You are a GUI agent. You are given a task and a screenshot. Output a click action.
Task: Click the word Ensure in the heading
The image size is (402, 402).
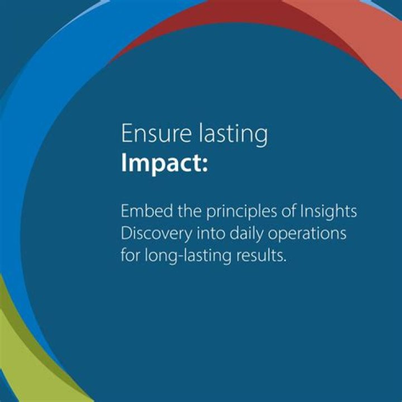[156, 133]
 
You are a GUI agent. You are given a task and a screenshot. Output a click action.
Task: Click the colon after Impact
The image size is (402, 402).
[204, 165]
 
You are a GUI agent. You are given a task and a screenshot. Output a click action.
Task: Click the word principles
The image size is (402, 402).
[242, 212]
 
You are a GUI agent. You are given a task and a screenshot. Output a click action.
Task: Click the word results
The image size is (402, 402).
[261, 256]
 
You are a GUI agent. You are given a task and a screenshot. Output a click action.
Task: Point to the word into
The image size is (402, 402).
[210, 233]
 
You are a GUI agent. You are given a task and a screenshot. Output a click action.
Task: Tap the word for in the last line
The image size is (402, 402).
[131, 255]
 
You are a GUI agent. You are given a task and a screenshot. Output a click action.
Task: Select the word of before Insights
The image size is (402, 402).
[289, 211]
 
